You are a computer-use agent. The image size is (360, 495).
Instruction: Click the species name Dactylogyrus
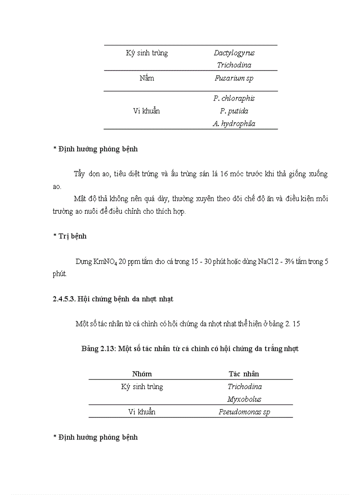(x=234, y=53)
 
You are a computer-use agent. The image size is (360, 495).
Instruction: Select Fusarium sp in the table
(x=234, y=78)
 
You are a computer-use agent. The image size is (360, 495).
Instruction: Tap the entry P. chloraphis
(x=234, y=98)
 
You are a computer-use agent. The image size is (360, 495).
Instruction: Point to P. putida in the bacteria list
(x=234, y=111)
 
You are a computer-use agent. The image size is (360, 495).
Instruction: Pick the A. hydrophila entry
(x=234, y=123)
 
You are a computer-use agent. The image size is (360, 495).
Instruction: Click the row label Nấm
(x=146, y=78)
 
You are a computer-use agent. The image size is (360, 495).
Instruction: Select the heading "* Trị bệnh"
(x=70, y=236)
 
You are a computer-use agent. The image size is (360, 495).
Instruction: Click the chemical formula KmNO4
(x=105, y=261)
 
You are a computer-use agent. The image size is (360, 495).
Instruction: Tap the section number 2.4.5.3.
(x=64, y=299)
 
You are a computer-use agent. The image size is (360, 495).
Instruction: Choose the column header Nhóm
(x=142, y=374)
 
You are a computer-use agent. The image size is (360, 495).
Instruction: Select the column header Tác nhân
(x=244, y=374)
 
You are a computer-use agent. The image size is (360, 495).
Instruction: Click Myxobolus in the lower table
(x=244, y=399)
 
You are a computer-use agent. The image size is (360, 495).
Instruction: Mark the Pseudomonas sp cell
(x=244, y=412)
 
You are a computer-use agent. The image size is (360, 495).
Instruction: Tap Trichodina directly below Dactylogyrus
(x=234, y=65)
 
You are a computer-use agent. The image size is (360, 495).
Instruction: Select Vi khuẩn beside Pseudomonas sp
(x=142, y=412)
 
